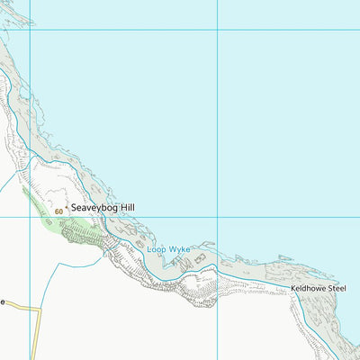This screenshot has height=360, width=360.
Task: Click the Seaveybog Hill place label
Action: click(x=103, y=208)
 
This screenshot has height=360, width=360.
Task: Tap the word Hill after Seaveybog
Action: click(x=126, y=208)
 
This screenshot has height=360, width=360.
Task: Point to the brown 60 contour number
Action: click(x=59, y=211)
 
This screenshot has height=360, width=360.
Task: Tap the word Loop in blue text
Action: click(x=156, y=248)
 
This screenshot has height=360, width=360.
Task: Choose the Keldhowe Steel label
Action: click(x=319, y=289)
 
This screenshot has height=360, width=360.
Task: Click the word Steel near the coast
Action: click(x=337, y=289)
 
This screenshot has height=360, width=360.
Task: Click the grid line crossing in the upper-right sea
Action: click(x=217, y=30)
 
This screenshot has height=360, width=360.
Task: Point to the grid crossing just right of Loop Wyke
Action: click(x=217, y=217)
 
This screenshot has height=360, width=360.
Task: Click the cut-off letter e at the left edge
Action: click(x=3, y=302)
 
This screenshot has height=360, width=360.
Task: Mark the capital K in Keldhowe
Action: click(x=293, y=289)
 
